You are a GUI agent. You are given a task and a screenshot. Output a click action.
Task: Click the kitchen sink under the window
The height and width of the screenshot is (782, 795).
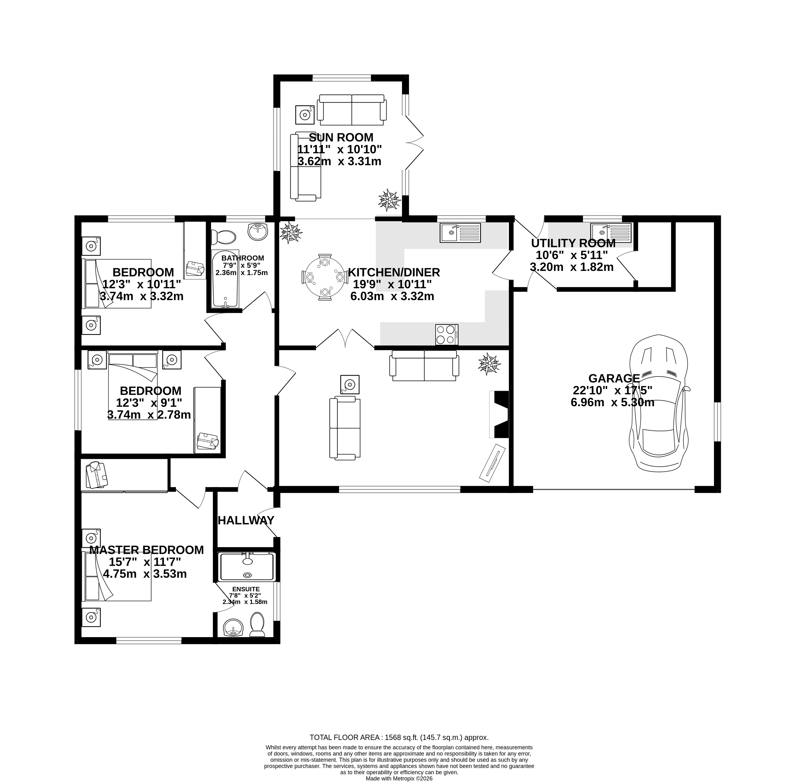[x=460, y=233]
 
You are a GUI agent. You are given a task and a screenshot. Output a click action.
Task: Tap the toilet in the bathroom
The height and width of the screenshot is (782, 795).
[x=224, y=237]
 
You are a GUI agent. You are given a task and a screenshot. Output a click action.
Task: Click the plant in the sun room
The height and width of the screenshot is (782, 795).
[x=389, y=200]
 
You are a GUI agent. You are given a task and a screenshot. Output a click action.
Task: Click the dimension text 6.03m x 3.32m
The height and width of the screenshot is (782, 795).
[x=392, y=296]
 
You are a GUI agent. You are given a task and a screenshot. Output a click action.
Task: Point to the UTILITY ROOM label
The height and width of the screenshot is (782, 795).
[x=573, y=243]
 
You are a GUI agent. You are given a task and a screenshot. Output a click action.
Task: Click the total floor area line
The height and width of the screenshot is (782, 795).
[x=399, y=737]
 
